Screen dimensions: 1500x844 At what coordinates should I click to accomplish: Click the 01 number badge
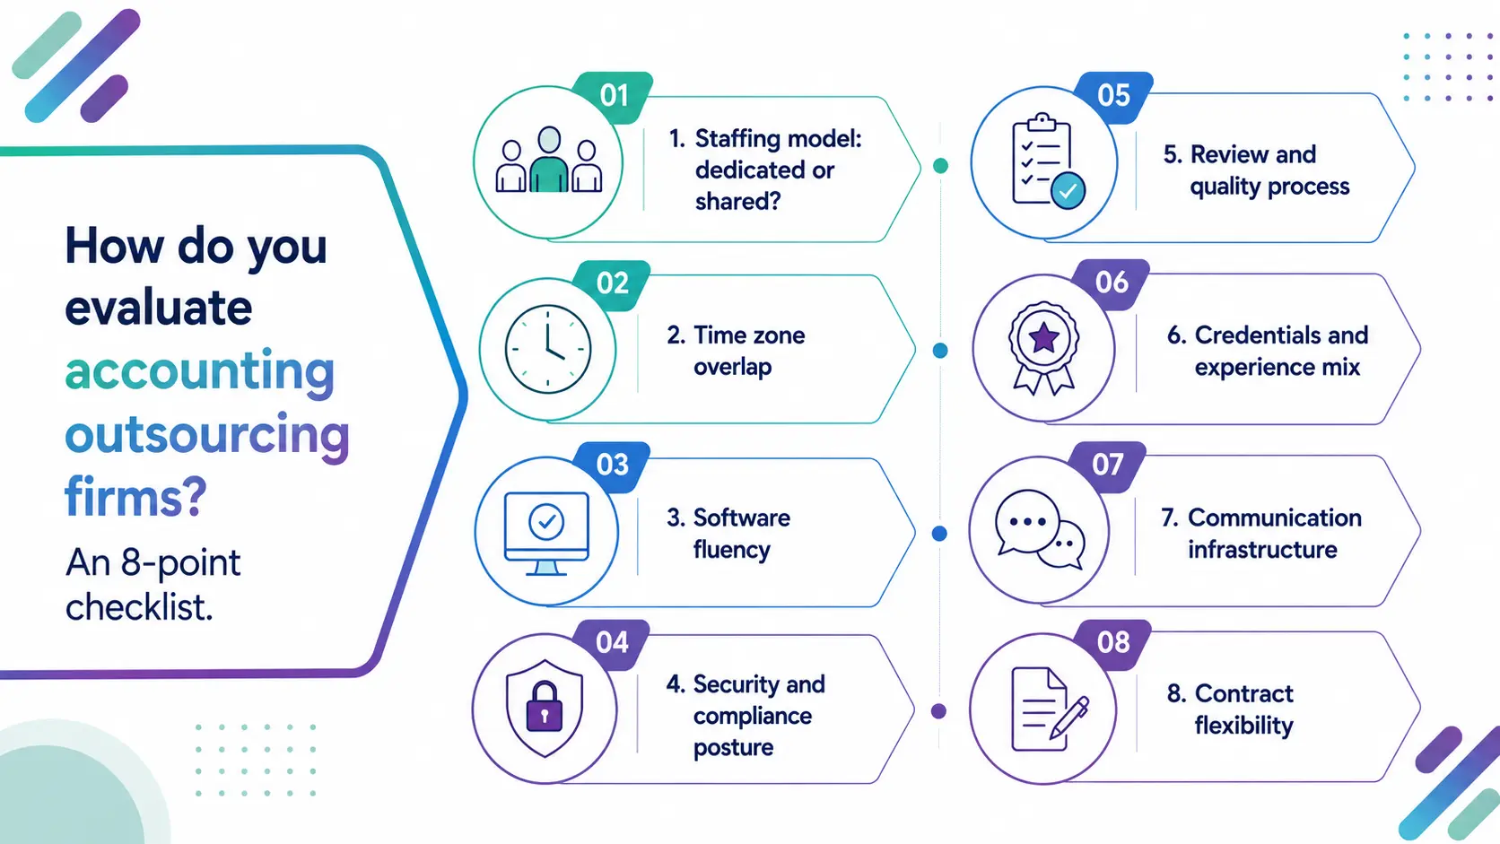(x=614, y=96)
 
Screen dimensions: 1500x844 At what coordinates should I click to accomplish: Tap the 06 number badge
(x=1112, y=283)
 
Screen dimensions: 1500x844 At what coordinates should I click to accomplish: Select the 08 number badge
(x=1113, y=643)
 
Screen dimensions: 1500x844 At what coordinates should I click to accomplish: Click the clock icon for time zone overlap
(x=548, y=349)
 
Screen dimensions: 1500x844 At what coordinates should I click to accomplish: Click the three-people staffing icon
(x=548, y=160)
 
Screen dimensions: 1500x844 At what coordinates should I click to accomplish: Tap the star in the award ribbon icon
(x=1044, y=338)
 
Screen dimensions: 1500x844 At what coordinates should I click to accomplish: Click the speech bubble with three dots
(x=1027, y=522)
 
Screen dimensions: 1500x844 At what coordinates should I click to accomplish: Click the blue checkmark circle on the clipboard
(x=1068, y=191)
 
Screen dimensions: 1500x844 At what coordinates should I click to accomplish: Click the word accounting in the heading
(x=199, y=371)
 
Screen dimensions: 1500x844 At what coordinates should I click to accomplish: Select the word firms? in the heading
(x=136, y=496)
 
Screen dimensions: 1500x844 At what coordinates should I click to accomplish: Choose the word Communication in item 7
(x=1275, y=518)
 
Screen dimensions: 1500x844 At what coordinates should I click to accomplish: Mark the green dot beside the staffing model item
(x=940, y=165)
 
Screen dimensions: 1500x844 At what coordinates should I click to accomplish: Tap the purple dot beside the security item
(x=938, y=710)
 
